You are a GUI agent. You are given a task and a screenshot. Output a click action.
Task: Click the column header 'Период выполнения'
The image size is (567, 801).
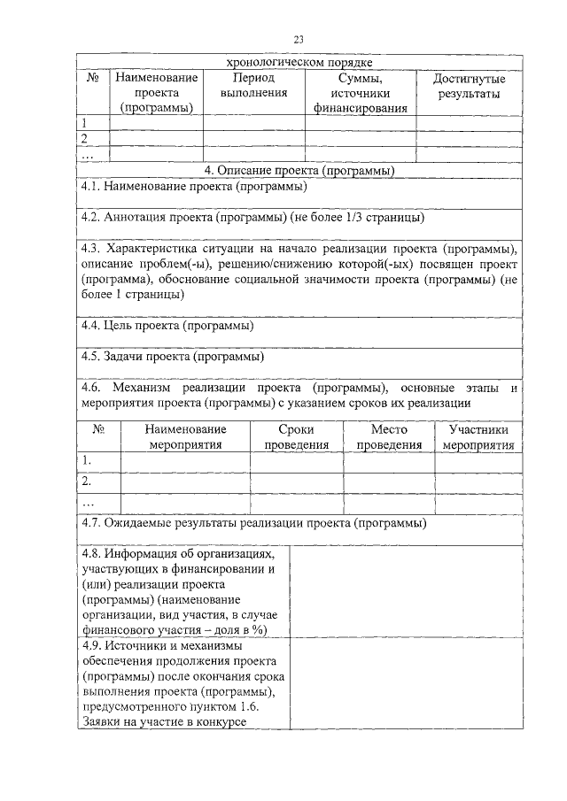coord(253,85)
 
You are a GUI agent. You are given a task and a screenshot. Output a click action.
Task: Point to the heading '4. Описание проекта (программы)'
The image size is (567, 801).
coord(299,170)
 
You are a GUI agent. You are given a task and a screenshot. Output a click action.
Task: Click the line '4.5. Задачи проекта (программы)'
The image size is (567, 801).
coord(171,358)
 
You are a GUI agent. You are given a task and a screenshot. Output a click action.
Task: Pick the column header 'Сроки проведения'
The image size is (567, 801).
coord(296,436)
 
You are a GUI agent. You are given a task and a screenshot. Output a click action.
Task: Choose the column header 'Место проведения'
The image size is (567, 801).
coord(388,436)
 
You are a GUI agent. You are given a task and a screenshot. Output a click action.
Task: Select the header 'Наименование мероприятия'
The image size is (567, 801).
coord(185,436)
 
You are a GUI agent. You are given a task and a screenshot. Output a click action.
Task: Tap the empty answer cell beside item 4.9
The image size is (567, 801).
coord(406,684)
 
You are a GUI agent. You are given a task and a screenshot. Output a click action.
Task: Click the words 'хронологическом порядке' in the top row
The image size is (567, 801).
coord(298,62)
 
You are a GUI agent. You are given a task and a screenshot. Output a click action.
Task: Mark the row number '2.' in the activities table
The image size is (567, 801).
coord(87,481)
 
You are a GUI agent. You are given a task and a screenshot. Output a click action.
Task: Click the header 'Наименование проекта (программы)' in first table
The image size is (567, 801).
coord(156,93)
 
